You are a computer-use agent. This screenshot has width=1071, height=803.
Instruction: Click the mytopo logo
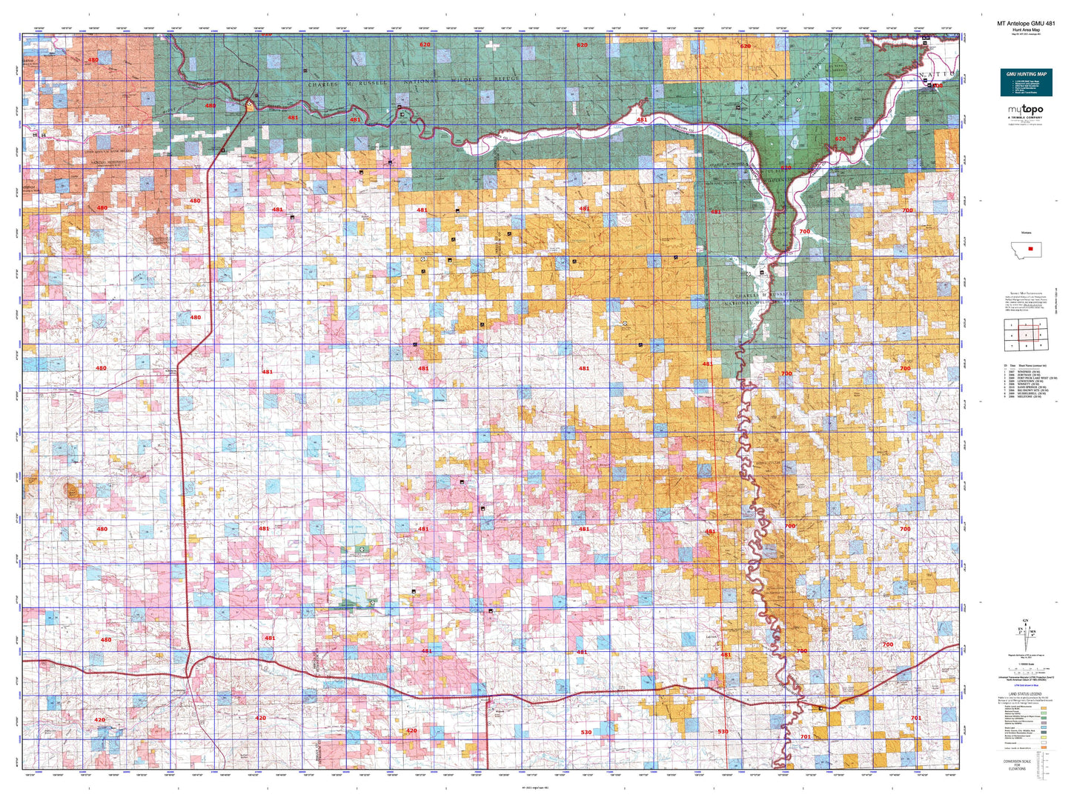coord(1025,110)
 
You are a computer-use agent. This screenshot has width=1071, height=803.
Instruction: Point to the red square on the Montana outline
coord(1029,249)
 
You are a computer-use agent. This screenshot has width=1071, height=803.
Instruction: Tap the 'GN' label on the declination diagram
coord(1025,621)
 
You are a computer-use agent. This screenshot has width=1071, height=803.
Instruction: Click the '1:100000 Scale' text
coord(1025,663)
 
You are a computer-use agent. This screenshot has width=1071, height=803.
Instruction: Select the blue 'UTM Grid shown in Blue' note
coord(1025,688)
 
